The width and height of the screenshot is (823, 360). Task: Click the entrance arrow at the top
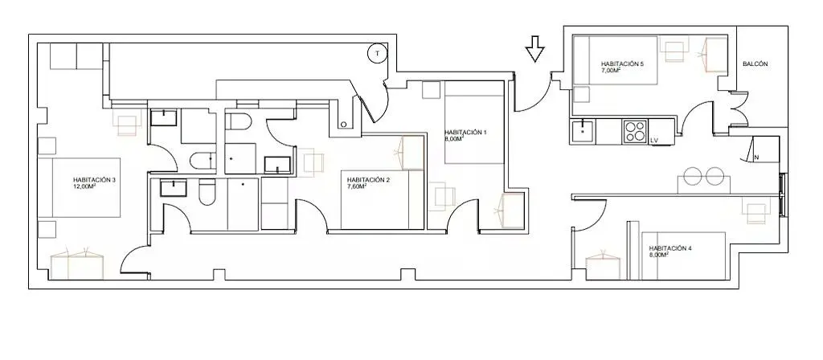tap(534, 49)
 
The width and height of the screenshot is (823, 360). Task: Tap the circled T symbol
tap(377, 53)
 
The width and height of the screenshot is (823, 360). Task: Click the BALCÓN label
tap(755, 64)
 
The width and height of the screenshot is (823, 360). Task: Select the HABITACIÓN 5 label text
tap(622, 64)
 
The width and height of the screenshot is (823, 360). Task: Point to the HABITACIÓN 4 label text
tap(669, 248)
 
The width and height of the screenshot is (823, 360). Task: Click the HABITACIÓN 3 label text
tap(95, 179)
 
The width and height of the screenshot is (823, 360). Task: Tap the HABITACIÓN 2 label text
tap(368, 180)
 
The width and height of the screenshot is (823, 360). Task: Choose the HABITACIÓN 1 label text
tap(465, 133)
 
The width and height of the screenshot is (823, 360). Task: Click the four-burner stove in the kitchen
tap(635, 132)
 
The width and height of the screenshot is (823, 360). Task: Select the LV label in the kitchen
tap(654, 141)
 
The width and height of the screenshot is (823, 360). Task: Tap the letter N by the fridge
tap(756, 157)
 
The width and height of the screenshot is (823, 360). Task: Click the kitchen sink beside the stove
tap(582, 131)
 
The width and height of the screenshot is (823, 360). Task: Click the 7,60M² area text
tap(356, 186)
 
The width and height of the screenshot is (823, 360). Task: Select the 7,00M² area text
tap(611, 70)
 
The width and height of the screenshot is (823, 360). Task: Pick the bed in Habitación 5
tap(615, 59)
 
